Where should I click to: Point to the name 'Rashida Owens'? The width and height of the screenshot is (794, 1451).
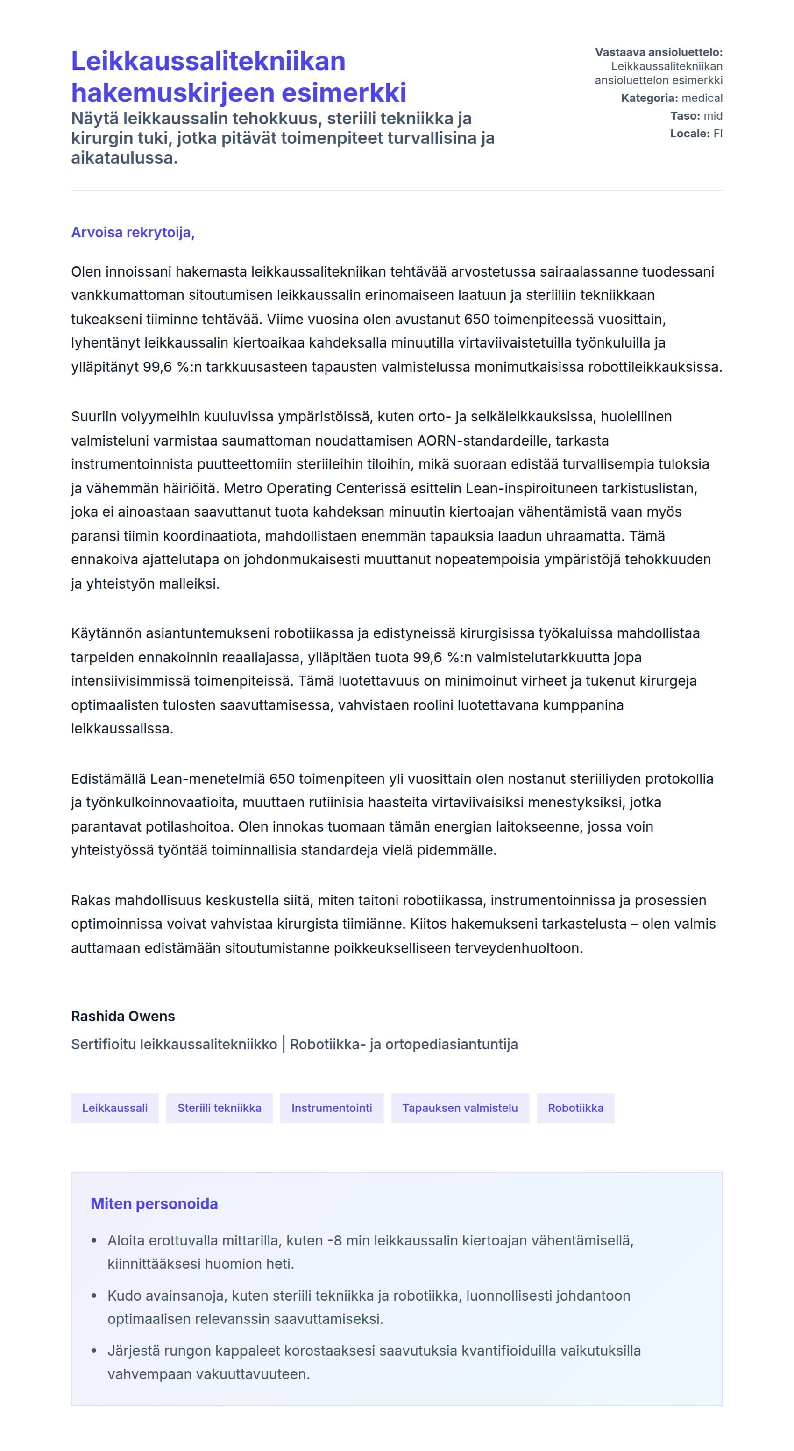pyautogui.click(x=123, y=1016)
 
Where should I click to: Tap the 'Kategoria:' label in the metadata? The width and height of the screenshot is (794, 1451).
pyautogui.click(x=649, y=98)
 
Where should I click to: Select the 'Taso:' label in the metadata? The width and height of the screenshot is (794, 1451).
pyautogui.click(x=685, y=116)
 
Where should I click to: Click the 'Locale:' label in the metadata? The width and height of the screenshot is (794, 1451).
pyautogui.click(x=689, y=134)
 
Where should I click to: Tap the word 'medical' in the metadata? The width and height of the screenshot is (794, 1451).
pyautogui.click(x=702, y=98)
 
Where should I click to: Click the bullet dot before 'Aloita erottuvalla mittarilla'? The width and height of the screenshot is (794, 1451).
pyautogui.click(x=94, y=1241)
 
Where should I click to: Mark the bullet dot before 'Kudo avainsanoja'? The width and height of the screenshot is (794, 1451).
pyautogui.click(x=94, y=1295)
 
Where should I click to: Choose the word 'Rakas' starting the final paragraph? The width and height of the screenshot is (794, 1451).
pyautogui.click(x=91, y=900)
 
